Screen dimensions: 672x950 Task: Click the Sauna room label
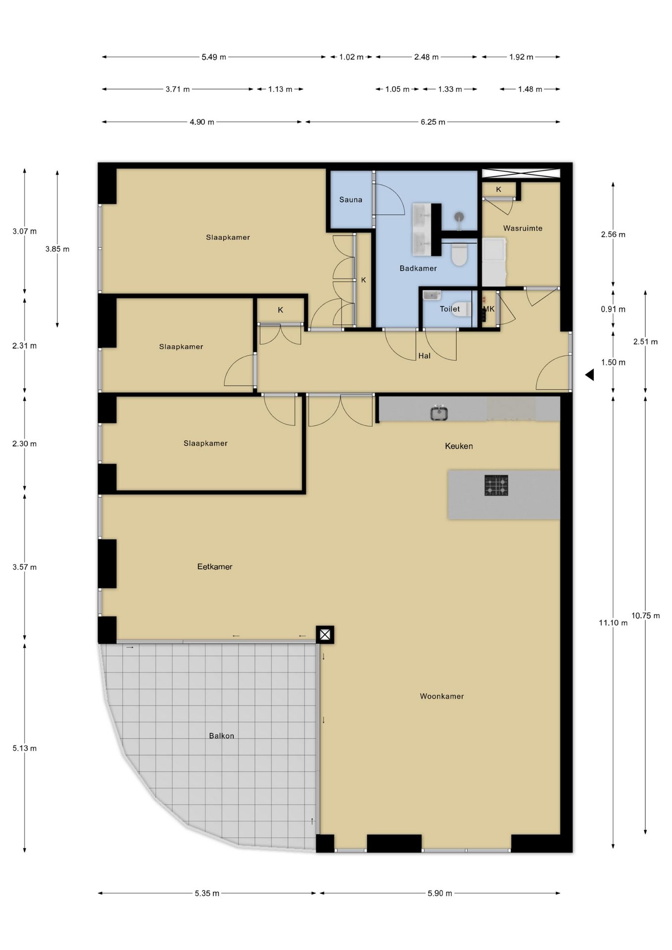pos(350,200)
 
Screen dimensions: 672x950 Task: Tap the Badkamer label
pos(418,268)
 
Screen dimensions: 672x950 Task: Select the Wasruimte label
pos(523,228)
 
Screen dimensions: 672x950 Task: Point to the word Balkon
pos(221,736)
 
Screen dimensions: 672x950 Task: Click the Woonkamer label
pos(442,696)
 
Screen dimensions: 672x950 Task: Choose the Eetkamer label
pos(215,567)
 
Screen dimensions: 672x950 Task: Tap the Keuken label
pos(459,446)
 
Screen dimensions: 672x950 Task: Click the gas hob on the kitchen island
pos(496,485)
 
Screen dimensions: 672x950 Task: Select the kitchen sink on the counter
pos(439,413)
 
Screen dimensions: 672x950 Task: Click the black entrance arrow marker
pos(589,375)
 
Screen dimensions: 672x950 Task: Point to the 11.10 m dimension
pos(613,623)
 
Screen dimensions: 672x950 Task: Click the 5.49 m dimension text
pos(214,57)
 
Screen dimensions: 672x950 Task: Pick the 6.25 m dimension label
pos(433,122)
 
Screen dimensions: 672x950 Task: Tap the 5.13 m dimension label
pos(25,748)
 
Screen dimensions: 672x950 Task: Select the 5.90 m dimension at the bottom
pos(440,893)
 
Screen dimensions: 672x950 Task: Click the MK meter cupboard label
pos(489,309)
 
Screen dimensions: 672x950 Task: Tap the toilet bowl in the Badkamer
pos(460,254)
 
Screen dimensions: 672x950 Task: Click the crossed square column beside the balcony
pos(325,634)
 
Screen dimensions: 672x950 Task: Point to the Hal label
pos(424,356)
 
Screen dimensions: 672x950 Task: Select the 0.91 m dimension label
pos(613,309)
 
